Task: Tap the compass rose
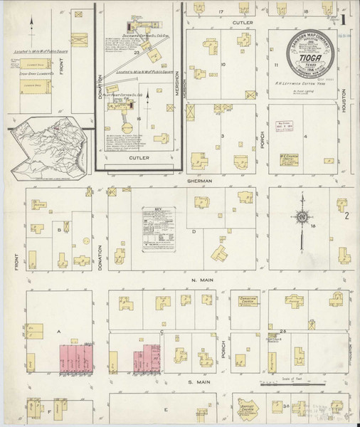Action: [x=303, y=217]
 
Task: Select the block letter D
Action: [x=193, y=231]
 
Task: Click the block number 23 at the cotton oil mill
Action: [x=135, y=53]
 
